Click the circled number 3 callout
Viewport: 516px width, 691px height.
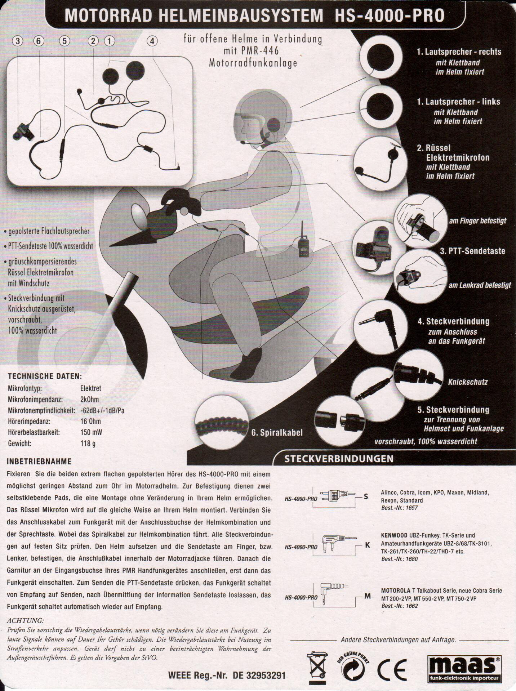pos(17,41)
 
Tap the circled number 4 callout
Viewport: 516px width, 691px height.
pos(152,41)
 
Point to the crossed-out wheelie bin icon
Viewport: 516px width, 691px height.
pos(317,667)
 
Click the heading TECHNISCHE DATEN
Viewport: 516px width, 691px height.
pos(45,376)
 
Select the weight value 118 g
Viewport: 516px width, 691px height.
pos(88,443)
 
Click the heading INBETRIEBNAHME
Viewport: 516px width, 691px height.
pos(39,462)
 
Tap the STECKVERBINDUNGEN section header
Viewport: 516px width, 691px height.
pos(339,459)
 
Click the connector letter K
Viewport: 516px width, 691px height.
pos(367,545)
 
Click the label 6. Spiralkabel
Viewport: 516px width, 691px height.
pos(277,433)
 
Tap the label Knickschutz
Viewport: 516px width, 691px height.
pos(468,382)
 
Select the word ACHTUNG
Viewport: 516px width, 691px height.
pos(25,621)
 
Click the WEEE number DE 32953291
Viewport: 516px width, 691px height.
pos(259,675)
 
